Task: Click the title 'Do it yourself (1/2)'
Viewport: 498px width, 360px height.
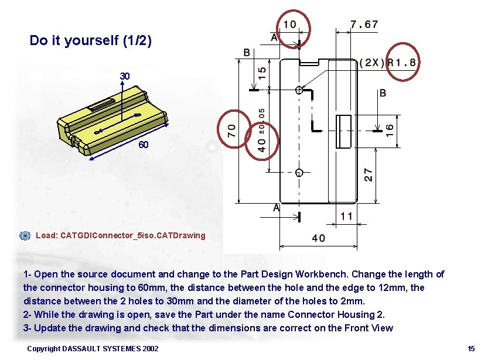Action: (91, 40)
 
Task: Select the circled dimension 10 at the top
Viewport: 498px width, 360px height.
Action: (289, 25)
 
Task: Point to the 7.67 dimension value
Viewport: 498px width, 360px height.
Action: (364, 25)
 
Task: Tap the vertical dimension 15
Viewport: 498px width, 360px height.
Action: (262, 73)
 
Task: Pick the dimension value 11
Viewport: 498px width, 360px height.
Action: (346, 217)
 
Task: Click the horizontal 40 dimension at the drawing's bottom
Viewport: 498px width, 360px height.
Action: (319, 238)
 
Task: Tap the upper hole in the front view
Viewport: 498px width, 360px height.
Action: (299, 90)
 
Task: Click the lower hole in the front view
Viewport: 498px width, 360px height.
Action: (299, 173)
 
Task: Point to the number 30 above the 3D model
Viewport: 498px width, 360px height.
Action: (125, 77)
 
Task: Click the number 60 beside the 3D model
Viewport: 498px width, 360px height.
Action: (143, 145)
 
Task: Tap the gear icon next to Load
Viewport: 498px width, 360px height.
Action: (25, 235)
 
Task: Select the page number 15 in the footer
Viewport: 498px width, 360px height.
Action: (471, 349)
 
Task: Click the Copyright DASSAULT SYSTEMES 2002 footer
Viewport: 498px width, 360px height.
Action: (93, 349)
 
